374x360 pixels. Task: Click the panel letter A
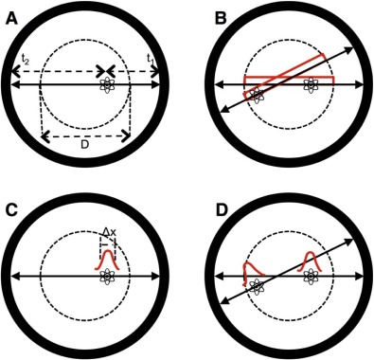12,20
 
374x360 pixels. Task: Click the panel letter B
221,19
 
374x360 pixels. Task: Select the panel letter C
11,210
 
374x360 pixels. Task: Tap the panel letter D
221,210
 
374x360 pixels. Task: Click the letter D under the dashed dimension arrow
84,145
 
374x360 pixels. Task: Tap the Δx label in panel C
110,233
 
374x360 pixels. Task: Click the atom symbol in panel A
107,84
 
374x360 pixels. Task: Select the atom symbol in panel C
107,277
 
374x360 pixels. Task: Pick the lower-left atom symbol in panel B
258,96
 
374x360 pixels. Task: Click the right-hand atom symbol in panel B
311,84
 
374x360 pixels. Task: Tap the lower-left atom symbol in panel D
258,287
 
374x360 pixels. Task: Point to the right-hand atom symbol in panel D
311,277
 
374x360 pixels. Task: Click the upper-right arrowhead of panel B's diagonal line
349,48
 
